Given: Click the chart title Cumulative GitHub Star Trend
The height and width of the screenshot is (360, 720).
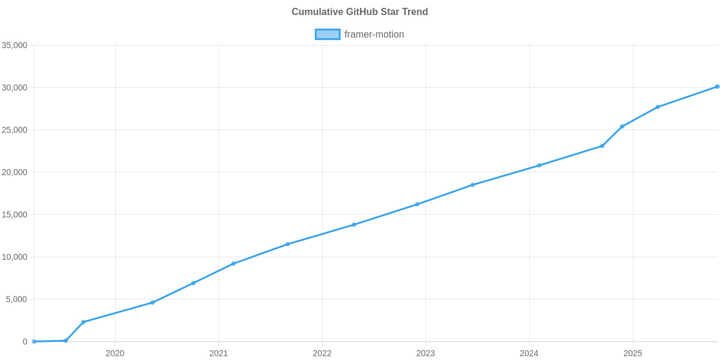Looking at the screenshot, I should (x=359, y=11).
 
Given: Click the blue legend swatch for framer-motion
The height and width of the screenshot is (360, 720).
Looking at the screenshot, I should (x=327, y=34).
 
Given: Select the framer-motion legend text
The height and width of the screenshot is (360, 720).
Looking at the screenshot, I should (x=374, y=34).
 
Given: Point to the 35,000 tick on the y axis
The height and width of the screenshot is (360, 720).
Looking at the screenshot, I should (x=15, y=46).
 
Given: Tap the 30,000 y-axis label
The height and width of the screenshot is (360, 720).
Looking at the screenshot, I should (x=15, y=88).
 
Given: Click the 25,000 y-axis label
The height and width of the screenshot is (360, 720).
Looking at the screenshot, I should (x=15, y=130).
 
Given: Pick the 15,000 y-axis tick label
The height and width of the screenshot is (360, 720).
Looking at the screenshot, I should (x=15, y=215).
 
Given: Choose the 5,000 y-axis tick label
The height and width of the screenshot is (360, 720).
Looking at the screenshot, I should (x=17, y=299).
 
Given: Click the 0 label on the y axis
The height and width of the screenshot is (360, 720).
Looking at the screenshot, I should (x=25, y=342).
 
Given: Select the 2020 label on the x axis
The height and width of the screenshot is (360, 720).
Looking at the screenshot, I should (x=115, y=353).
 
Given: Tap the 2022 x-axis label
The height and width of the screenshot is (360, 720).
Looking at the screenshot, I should (x=322, y=353).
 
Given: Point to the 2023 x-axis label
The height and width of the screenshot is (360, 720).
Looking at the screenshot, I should (x=425, y=353).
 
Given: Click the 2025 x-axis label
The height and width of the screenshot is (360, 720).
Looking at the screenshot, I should (x=632, y=353).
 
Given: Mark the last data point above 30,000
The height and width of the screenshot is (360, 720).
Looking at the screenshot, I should (x=717, y=86).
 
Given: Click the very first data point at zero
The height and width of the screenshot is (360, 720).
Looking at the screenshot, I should (x=34, y=341).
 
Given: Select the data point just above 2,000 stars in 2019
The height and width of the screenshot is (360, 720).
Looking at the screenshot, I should (x=83, y=322).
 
